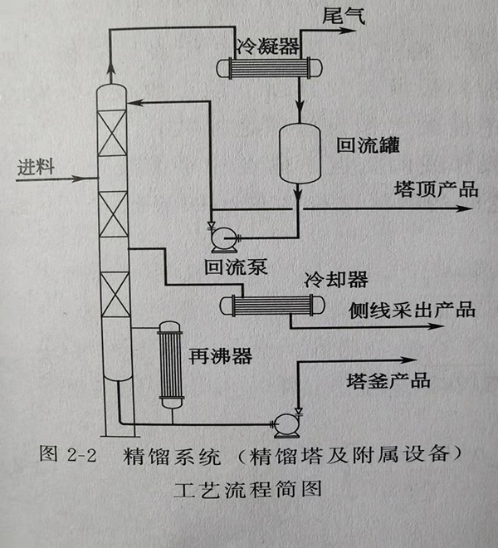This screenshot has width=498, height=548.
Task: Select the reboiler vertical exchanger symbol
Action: pos(171,365)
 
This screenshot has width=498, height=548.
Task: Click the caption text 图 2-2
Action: pos(70,457)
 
